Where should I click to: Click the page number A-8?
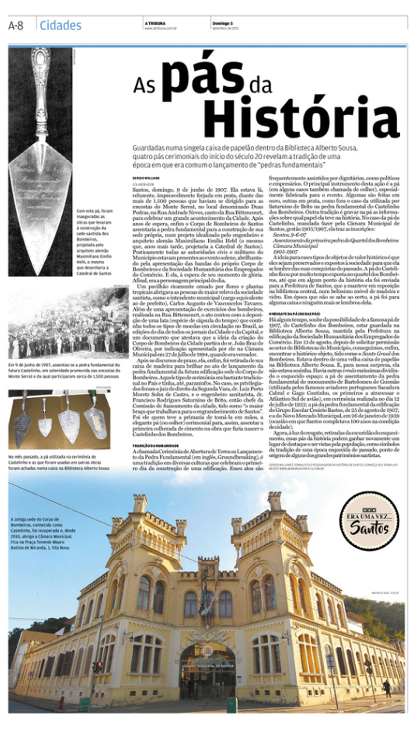pos(16,25)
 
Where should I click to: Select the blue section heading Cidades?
pos(60,25)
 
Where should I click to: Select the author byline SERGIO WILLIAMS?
pos(146,178)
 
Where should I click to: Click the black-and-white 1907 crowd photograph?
pos(69,322)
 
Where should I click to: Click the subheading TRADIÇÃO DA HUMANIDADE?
pos(155,446)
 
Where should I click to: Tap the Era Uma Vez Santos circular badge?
pos(369,521)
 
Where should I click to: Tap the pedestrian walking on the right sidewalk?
pos(387,688)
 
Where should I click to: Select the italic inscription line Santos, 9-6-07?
pos(290,235)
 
